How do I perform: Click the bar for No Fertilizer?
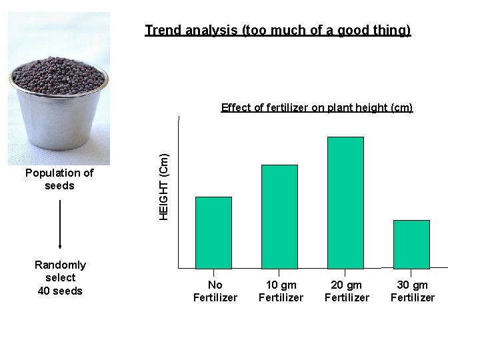213,233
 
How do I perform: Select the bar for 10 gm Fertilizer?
279,217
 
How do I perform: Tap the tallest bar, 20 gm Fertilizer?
345,203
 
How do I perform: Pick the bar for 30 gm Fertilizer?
411,244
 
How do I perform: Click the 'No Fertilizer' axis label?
215,291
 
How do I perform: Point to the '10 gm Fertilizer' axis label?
281,291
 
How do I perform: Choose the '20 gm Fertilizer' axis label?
347,291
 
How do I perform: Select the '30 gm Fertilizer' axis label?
413,291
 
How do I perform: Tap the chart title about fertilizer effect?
317,107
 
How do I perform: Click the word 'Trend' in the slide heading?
162,31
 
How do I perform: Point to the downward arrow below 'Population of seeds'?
60,224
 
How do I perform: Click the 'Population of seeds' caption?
59,179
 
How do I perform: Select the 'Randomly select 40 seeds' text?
60,277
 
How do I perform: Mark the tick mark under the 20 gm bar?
345,273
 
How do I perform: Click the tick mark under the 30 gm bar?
411,273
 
